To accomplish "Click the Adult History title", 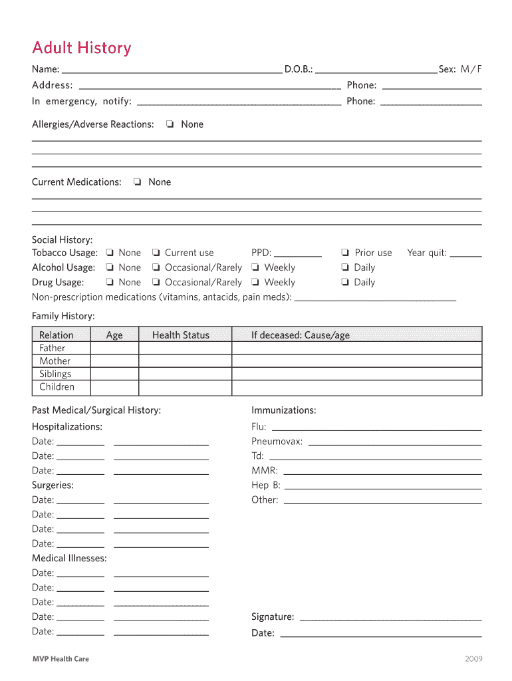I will pyautogui.click(x=82, y=48).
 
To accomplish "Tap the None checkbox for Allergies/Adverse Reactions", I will pyautogui.click(x=170, y=124).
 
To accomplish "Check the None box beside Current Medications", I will pyautogui.click(x=137, y=182).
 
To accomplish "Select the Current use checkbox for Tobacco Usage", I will pyautogui.click(x=155, y=253).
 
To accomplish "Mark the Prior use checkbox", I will pyautogui.click(x=345, y=253).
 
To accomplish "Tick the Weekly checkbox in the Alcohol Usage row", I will pyautogui.click(x=255, y=267).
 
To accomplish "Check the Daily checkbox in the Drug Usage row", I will pyautogui.click(x=345, y=282).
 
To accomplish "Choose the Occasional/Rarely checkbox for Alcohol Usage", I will pyautogui.click(x=155, y=267).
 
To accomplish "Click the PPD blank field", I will pyautogui.click(x=298, y=255).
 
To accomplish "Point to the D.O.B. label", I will pyautogui.click(x=299, y=70).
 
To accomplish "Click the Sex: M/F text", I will pyautogui.click(x=460, y=70).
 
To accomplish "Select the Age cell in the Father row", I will pyautogui.click(x=114, y=348).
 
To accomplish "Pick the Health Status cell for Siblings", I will pyautogui.click(x=185, y=374).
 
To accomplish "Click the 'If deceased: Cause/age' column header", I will pyautogui.click(x=300, y=335).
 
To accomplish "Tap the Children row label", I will pyautogui.click(x=57, y=387).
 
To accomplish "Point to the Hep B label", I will pyautogui.click(x=266, y=485).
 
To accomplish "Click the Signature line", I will pyautogui.click(x=390, y=618).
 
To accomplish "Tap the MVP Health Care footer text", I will pyautogui.click(x=61, y=659).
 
